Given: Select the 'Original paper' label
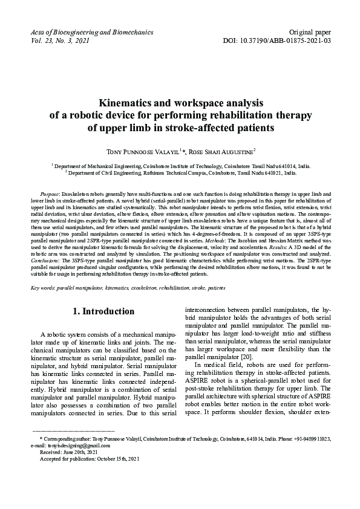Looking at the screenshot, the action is click(310, 31).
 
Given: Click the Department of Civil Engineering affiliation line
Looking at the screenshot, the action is click(182, 172).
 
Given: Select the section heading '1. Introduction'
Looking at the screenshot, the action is click(104, 311).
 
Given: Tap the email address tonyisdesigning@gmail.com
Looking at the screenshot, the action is click(76, 445).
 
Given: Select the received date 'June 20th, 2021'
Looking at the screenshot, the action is click(82, 452).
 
